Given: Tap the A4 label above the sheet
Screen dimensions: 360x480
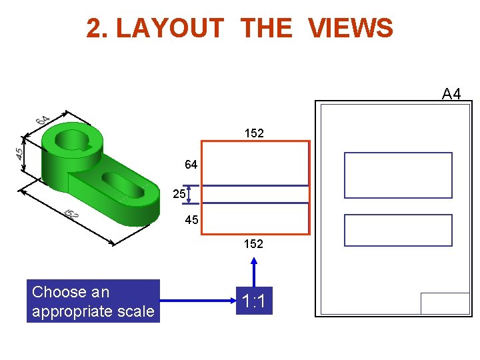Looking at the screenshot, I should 451,94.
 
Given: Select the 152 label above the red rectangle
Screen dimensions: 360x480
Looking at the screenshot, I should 254,133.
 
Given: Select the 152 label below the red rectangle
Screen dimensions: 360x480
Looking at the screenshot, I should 253,244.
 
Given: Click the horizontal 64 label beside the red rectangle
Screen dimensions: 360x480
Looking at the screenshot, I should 191,165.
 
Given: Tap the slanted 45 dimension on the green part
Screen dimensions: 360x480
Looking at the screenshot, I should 21,152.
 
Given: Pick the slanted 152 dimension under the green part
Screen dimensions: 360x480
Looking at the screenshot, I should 71,214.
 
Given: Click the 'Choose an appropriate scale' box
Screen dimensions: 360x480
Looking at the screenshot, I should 93,301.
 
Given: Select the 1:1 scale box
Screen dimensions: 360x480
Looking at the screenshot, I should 253,302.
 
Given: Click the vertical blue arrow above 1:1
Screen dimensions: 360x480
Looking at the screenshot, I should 253,272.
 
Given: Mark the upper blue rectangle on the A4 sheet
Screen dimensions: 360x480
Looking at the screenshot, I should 398,175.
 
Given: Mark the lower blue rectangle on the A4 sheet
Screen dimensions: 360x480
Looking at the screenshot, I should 398,230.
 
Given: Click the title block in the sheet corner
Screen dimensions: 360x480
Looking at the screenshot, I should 445,303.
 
